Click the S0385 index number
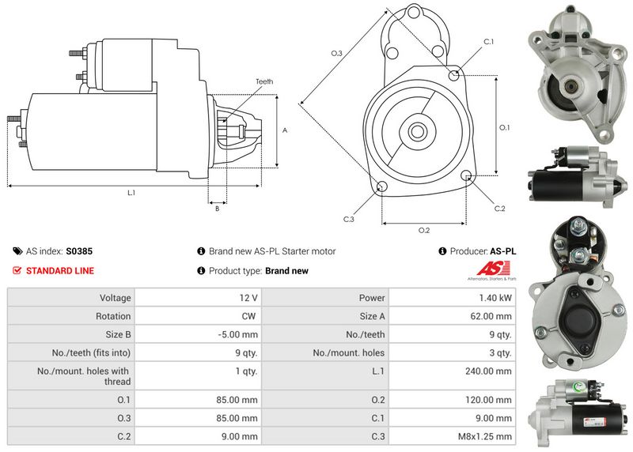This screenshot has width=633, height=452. click(x=79, y=251)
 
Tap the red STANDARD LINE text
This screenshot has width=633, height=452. click(x=59, y=270)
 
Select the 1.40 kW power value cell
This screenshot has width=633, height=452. click(x=495, y=298)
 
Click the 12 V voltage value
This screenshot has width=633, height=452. click(x=248, y=298)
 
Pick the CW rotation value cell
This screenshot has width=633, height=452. click(x=248, y=315)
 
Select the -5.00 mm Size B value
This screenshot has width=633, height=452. click(x=239, y=334)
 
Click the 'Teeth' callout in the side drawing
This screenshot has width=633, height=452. click(x=263, y=81)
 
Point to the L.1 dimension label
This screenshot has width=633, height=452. click(x=131, y=193)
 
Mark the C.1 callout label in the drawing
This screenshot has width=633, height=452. click(x=488, y=41)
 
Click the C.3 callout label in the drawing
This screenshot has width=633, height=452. click(x=348, y=219)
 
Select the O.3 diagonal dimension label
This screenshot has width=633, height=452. click(x=336, y=54)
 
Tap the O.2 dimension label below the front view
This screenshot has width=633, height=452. click(x=423, y=230)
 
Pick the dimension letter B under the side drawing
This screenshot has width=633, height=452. click(x=217, y=209)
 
